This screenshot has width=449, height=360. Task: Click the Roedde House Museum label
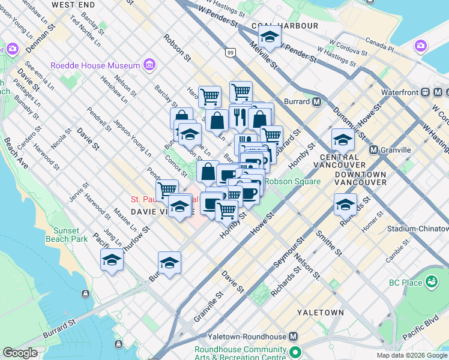tap(96, 65)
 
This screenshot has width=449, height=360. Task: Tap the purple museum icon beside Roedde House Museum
tap(149, 65)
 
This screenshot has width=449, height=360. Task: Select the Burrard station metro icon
tap(316, 101)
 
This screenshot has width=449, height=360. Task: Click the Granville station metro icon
tap(373, 149)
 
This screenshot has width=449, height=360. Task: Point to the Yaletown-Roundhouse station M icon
tap(294, 337)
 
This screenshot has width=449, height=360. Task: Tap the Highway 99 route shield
tap(230, 53)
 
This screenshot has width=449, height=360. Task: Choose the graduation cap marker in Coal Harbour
tap(270, 38)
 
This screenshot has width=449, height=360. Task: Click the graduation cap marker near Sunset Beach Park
tap(112, 260)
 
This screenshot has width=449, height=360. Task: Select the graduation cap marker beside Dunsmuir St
tap(343, 140)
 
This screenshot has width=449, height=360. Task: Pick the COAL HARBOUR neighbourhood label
tap(285, 26)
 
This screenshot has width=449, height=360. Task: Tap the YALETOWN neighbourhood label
tap(325, 313)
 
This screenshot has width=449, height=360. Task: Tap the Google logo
tap(20, 353)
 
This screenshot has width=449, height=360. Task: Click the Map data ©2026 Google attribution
tap(412, 355)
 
